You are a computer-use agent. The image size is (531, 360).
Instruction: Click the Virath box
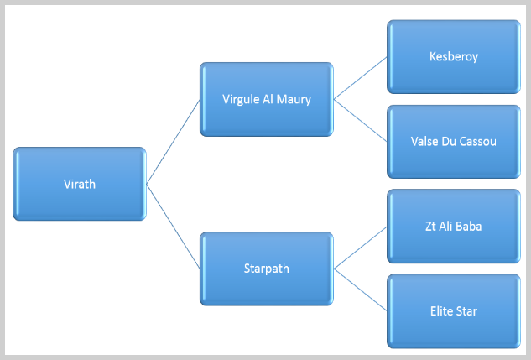[80, 184]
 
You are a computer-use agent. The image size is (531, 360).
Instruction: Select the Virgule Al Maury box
[267, 99]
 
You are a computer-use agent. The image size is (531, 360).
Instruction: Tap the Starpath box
[267, 269]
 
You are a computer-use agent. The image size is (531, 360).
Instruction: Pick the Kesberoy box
[454, 56]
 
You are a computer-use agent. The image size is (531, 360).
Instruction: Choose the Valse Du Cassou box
[454, 142]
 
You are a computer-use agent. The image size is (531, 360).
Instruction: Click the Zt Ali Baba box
[454, 227]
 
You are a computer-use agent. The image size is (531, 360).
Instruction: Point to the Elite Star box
[454, 311]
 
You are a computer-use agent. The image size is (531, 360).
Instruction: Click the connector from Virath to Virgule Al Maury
[173, 142]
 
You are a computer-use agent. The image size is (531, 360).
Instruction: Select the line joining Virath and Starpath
[173, 227]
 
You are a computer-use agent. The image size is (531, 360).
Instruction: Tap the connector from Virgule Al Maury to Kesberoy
[361, 78]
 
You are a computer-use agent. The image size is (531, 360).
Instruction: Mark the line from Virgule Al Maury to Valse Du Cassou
[361, 120]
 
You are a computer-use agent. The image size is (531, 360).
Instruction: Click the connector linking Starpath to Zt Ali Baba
[361, 248]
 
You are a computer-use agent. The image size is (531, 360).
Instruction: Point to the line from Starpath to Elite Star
[361, 290]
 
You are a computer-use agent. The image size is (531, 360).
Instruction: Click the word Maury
[294, 100]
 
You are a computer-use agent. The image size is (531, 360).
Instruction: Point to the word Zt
[431, 227]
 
